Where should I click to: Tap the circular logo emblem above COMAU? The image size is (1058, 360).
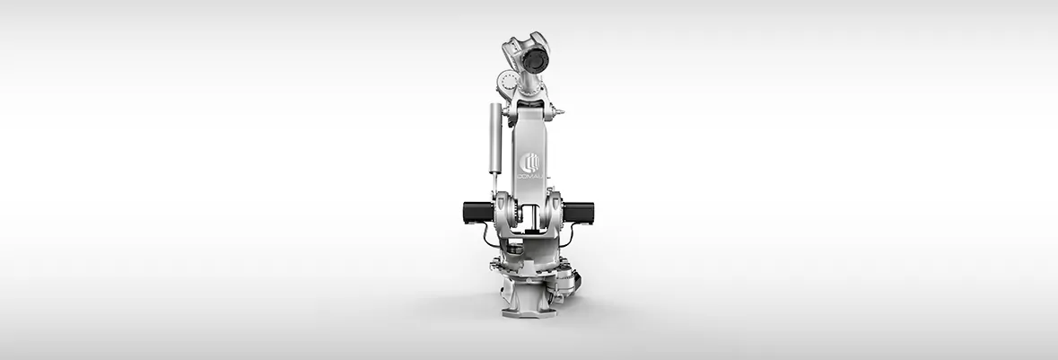(529, 162)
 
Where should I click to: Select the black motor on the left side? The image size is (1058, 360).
(478, 212)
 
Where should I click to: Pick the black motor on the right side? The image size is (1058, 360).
(578, 213)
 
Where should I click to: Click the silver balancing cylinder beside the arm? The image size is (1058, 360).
(495, 138)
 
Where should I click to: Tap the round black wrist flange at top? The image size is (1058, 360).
(535, 61)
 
